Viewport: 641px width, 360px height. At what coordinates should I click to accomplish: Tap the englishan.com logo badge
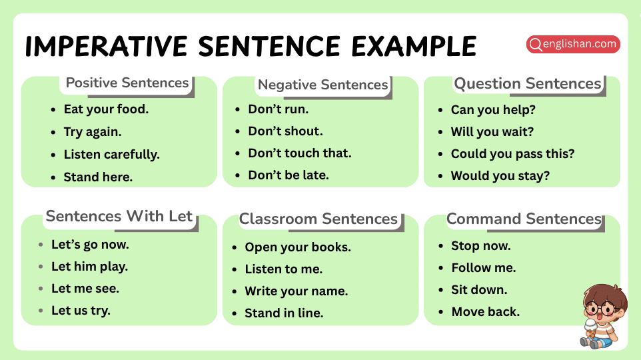[573, 45]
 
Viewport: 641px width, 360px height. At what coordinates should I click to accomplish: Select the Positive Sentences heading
[127, 83]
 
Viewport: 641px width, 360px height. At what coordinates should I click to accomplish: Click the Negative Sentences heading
[322, 85]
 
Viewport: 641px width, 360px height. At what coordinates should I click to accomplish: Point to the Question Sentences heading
[527, 84]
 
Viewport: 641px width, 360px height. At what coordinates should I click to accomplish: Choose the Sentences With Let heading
[119, 217]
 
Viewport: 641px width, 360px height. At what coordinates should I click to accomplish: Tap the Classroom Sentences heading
[318, 219]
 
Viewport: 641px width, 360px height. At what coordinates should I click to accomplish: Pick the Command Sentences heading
[524, 219]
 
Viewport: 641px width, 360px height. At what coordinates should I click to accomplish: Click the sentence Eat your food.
[106, 109]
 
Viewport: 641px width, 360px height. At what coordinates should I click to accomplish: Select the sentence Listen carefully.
[111, 155]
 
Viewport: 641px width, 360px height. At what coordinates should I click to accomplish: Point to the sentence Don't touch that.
[299, 153]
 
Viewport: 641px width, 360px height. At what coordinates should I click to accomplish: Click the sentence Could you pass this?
[512, 154]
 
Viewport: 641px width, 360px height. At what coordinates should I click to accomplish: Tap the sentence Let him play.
[89, 267]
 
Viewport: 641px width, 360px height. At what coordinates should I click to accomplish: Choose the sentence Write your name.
[296, 291]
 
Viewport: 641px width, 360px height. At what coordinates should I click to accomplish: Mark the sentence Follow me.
[483, 268]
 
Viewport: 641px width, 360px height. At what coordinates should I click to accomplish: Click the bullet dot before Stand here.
[53, 177]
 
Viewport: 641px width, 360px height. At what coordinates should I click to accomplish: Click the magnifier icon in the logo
[535, 45]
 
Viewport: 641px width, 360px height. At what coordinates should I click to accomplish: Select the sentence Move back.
[485, 312]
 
